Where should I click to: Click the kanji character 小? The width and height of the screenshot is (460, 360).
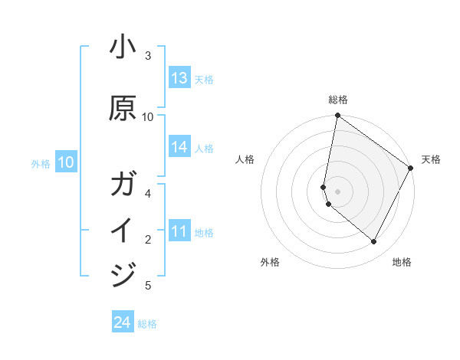(x=123, y=48)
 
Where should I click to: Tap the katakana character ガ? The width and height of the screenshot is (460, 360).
(x=123, y=185)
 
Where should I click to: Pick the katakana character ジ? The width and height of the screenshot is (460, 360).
(x=123, y=274)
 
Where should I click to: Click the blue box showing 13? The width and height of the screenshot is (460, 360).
(x=179, y=78)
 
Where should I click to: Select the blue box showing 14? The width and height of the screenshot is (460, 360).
(x=179, y=147)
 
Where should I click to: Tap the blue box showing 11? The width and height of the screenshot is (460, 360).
(x=179, y=231)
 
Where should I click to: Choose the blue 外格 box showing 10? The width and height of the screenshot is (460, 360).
(x=66, y=162)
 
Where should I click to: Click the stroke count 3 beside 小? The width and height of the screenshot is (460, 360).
(x=148, y=56)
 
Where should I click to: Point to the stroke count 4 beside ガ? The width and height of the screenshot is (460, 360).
(x=148, y=193)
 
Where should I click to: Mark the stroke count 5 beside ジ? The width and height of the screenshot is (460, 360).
(x=148, y=286)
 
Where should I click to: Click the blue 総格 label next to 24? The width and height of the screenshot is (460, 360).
(x=147, y=324)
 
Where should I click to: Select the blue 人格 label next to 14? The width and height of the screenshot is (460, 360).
(x=204, y=148)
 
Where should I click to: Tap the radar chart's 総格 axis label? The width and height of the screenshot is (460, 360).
(x=338, y=100)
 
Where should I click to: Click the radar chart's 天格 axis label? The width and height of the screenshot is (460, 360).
(x=431, y=159)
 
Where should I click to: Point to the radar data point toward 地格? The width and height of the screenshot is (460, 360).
(x=374, y=242)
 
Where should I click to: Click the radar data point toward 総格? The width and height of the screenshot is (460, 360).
(x=337, y=116)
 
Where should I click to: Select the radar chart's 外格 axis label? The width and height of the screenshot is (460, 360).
(x=270, y=262)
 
